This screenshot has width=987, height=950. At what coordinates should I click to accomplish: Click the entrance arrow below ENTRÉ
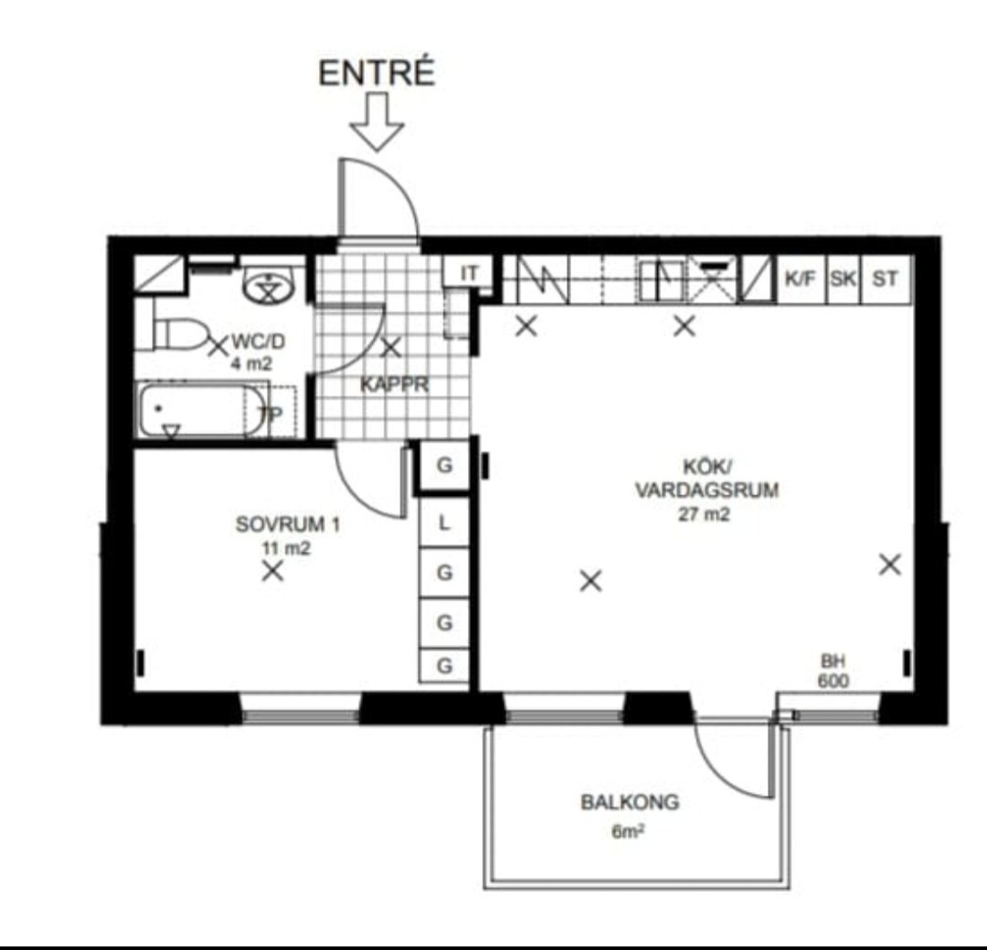coord(377,121)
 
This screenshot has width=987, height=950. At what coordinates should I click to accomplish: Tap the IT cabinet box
coord(468,273)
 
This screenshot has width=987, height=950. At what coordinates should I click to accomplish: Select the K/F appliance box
coord(801,279)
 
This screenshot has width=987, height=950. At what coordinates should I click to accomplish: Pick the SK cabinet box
coord(844,279)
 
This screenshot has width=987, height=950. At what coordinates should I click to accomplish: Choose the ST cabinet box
coord(886,279)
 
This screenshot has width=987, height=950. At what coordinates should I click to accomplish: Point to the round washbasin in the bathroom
coord(269,286)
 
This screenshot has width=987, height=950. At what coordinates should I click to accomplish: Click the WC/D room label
coord(258,342)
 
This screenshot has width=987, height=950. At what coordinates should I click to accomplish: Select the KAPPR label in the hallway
coord(395,385)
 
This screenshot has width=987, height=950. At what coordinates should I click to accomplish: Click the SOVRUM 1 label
coord(288,524)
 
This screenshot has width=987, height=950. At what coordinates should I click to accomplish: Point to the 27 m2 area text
coord(704,514)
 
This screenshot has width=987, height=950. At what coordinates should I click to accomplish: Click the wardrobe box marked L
coord(444,522)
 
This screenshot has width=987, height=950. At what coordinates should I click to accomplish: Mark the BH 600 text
coord(833,670)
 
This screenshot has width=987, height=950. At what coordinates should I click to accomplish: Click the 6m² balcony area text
coord(628,832)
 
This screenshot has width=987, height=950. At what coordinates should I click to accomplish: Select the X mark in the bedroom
coord(272,571)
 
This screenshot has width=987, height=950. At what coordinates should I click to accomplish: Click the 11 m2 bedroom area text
coord(286,549)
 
